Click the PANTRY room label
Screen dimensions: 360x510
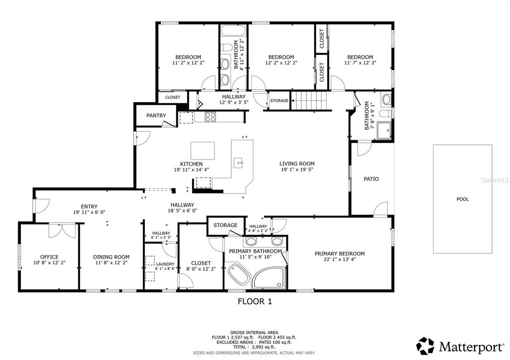pyautogui.click(x=156, y=115)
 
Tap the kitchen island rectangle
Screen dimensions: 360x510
pyautogui.click(x=202, y=151)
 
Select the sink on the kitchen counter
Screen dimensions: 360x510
pyautogui.click(x=239, y=162)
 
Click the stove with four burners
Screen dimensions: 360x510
pyautogui.click(x=210, y=117)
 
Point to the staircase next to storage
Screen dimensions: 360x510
pyautogui.click(x=309, y=100)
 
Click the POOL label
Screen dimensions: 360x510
pyautogui.click(x=462, y=199)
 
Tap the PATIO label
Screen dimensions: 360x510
pyautogui.click(x=371, y=179)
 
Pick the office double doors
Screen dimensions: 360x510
pyautogui.click(x=62, y=231)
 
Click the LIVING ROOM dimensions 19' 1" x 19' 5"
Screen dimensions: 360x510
pyautogui.click(x=296, y=170)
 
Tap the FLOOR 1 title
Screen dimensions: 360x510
pyautogui.click(x=255, y=301)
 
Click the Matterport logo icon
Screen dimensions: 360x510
pyautogui.click(x=425, y=346)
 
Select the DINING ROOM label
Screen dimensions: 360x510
pyautogui.click(x=111, y=257)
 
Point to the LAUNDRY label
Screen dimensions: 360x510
pyautogui.click(x=165, y=264)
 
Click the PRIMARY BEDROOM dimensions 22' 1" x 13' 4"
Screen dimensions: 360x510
pyautogui.click(x=339, y=260)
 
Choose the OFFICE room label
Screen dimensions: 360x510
pyautogui.click(x=49, y=257)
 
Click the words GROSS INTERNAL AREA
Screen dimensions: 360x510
pyautogui.click(x=254, y=333)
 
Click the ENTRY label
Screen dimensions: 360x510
pyautogui.click(x=89, y=206)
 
